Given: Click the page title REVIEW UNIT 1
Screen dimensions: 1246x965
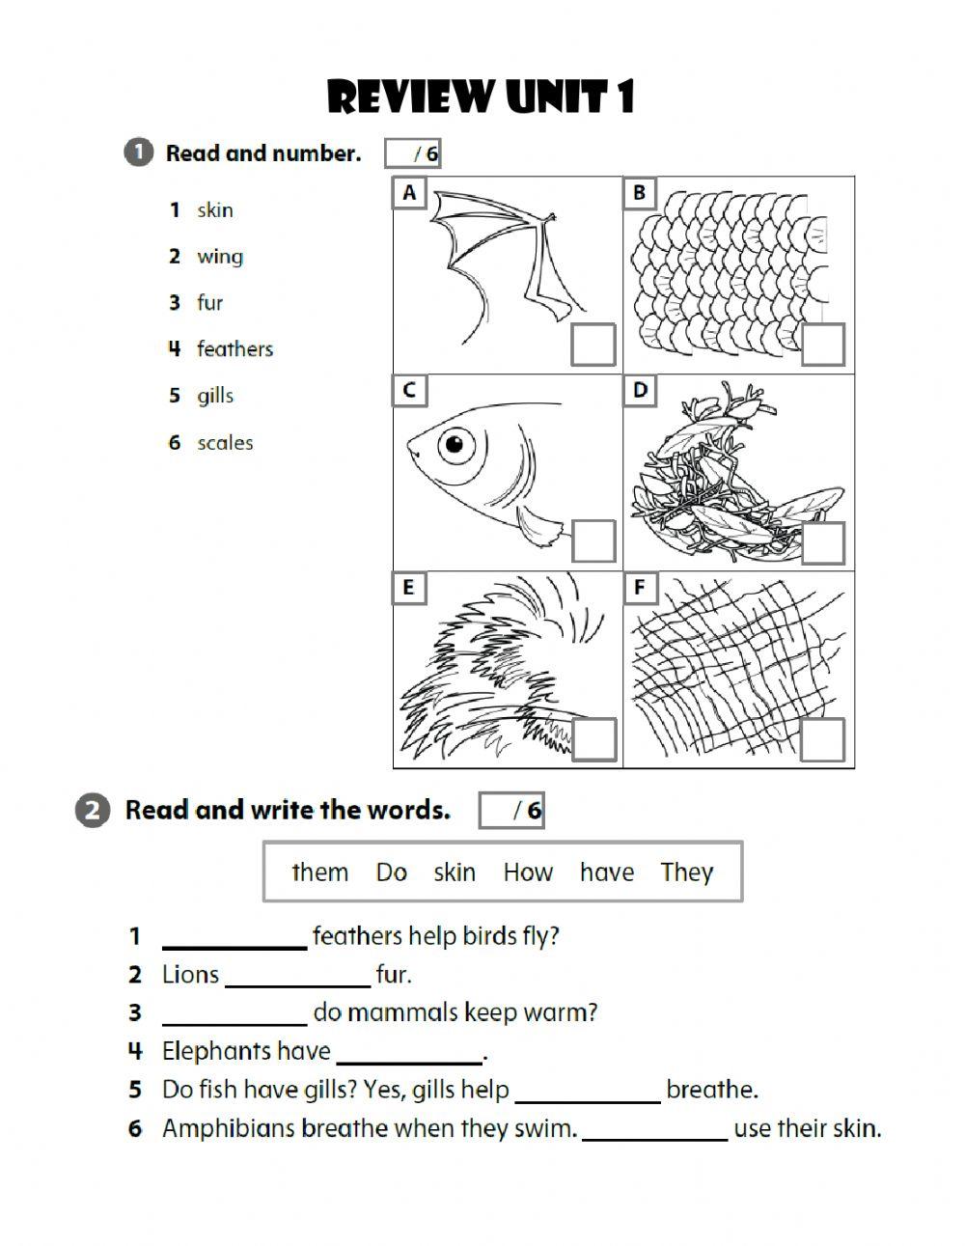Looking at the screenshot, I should click(x=481, y=97).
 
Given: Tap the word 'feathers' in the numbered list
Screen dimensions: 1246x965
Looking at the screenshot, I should click(x=234, y=348).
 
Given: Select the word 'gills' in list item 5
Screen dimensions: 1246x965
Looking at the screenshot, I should click(x=215, y=396).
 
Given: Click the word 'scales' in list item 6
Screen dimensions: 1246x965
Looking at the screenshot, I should click(x=225, y=443).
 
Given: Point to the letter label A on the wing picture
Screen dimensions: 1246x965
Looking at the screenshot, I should click(x=409, y=193).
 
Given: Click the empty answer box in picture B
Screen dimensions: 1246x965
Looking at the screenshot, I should click(x=823, y=345).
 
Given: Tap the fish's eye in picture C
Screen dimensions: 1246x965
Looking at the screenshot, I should click(x=455, y=445).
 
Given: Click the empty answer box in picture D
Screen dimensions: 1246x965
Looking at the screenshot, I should click(x=823, y=543).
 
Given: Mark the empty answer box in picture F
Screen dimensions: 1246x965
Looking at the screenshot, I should click(x=823, y=739).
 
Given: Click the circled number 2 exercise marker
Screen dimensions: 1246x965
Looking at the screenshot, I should click(x=91, y=811).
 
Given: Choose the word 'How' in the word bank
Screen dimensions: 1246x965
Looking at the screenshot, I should click(x=528, y=872).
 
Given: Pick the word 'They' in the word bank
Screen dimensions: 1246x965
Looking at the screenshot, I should click(x=686, y=872).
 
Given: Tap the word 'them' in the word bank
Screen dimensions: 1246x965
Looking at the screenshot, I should click(x=319, y=872).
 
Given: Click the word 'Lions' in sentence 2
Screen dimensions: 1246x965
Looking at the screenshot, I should click(x=190, y=975).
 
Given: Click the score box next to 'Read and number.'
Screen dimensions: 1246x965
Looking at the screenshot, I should click(x=413, y=152).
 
